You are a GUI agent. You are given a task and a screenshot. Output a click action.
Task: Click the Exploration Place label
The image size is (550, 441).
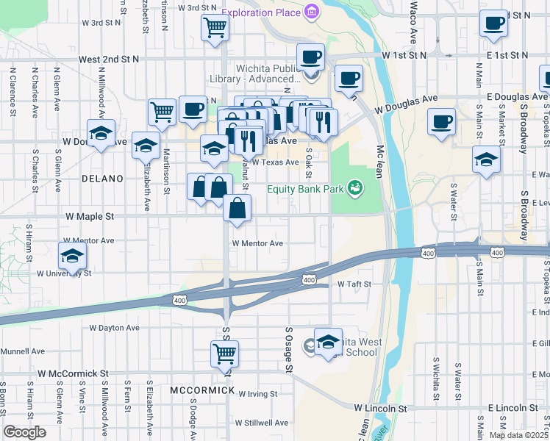click(x=260, y=12)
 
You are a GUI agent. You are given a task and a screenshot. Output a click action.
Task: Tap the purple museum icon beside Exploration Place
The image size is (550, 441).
click(x=312, y=12)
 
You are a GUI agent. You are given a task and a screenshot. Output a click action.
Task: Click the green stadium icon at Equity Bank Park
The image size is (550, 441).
click(x=355, y=189)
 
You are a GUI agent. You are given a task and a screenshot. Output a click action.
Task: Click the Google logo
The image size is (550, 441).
click(x=25, y=432)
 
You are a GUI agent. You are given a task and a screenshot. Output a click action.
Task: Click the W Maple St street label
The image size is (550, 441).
click(x=90, y=217)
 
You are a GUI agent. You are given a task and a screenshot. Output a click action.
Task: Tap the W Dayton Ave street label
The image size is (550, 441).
click(x=114, y=328)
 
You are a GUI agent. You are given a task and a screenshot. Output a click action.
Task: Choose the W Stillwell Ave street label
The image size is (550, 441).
click(x=262, y=423)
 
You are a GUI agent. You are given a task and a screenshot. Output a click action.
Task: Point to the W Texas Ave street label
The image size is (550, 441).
click(x=275, y=162)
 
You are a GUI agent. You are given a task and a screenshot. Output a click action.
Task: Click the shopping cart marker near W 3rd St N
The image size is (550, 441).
click(x=215, y=28)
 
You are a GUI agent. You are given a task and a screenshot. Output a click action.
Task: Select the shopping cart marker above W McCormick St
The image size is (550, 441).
click(x=225, y=354)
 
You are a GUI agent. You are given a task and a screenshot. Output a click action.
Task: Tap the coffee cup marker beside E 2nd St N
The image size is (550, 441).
click(x=493, y=23)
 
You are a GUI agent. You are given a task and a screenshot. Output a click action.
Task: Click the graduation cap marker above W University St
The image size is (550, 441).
click(x=72, y=256)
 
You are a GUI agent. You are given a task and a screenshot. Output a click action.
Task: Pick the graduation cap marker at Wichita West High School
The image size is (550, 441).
click(x=328, y=340)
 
